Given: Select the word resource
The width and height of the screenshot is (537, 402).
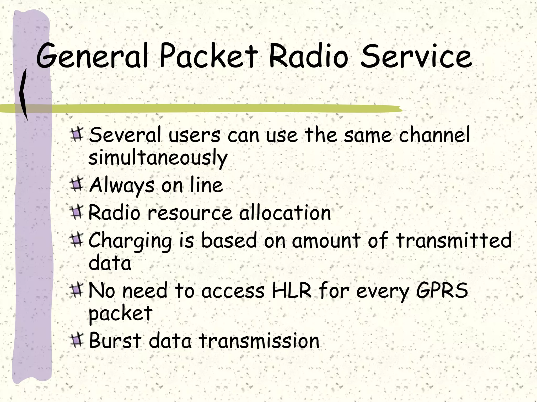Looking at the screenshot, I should point(190,213).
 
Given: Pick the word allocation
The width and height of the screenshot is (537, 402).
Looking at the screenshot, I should point(285,213).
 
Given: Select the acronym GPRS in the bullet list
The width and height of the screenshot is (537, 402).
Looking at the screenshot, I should point(442,291).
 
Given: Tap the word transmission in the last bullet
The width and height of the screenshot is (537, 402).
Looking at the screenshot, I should point(259,341).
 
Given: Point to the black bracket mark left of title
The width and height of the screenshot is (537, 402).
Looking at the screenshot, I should point(24,94).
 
